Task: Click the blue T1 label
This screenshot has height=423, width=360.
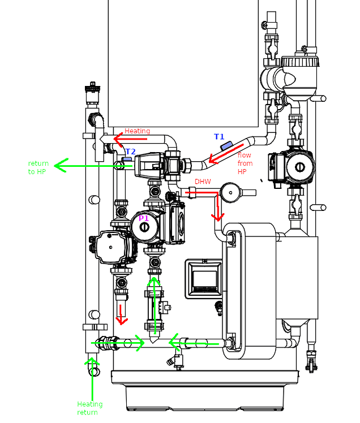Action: (x=219, y=137)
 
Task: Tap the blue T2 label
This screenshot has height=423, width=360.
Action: (x=130, y=152)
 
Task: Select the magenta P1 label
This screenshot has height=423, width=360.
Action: (x=144, y=218)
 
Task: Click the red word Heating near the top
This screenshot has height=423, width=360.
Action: (x=137, y=131)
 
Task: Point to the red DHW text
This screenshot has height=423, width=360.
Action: (x=203, y=182)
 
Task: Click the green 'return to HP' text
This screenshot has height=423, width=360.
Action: (x=38, y=167)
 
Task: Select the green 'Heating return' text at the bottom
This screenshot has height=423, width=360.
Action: (x=90, y=408)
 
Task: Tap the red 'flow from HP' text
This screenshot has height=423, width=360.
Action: (x=245, y=163)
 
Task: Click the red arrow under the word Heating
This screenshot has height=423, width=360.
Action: (x=130, y=139)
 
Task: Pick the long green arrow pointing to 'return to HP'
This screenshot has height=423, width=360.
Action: (x=93, y=166)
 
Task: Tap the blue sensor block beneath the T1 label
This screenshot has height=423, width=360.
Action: (x=226, y=146)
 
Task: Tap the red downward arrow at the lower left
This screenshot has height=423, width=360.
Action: (x=121, y=314)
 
